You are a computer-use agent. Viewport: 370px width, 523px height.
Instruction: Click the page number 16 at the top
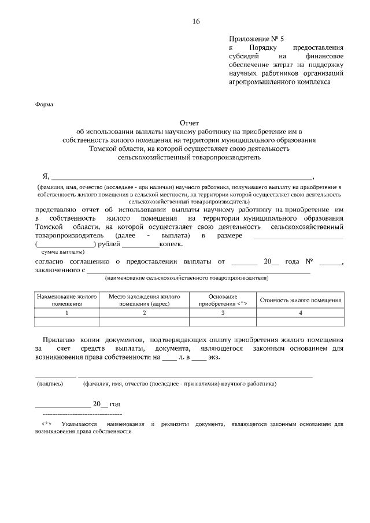coord(196,21)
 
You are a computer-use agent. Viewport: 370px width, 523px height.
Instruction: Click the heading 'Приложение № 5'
coord(253,38)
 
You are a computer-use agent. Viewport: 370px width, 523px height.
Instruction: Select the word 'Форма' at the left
coord(44,105)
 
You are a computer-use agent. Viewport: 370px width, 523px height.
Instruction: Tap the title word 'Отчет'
coord(190,123)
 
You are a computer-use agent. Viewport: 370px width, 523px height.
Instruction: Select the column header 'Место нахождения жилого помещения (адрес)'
coord(144,300)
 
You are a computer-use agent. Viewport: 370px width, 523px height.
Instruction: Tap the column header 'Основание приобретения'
coord(223,300)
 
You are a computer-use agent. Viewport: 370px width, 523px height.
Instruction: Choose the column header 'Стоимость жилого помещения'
coord(300,300)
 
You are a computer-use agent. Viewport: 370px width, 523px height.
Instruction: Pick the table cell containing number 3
coord(223,313)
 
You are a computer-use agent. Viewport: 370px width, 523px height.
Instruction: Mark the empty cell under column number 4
coord(300,322)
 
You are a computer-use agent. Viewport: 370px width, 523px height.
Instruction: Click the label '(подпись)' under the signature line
coord(50,383)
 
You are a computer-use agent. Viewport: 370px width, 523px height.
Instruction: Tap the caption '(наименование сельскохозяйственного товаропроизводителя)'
coord(187,278)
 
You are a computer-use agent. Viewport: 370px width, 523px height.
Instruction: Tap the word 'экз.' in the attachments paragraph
coord(214,357)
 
